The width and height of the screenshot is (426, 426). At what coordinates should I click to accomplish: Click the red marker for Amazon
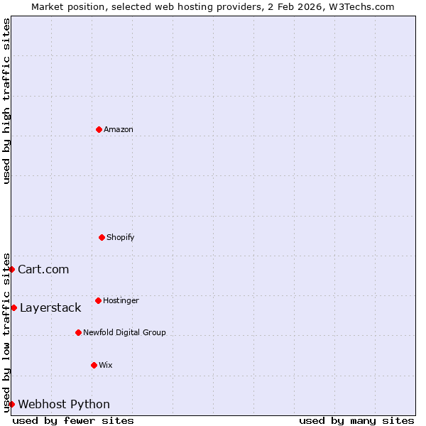tap(99, 129)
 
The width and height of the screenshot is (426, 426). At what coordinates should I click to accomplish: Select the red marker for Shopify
tap(102, 237)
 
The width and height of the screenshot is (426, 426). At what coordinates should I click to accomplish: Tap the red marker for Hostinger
tap(98, 300)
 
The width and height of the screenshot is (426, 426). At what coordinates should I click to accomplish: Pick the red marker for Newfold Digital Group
tap(78, 332)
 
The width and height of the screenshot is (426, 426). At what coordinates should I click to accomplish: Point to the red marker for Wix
tap(94, 365)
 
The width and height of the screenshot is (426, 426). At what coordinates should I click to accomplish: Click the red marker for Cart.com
tap(11, 269)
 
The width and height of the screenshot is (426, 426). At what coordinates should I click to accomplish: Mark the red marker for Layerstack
tap(13, 307)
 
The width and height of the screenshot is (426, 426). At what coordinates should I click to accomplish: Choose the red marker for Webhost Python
tap(11, 404)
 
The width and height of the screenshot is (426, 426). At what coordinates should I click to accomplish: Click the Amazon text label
tap(119, 129)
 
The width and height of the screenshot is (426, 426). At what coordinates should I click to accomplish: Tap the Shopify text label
tap(121, 237)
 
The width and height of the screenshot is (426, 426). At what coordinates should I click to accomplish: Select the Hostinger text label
tap(121, 300)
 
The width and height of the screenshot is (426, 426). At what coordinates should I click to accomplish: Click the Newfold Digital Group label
tap(124, 332)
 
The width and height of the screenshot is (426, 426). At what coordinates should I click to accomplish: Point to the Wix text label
tap(106, 365)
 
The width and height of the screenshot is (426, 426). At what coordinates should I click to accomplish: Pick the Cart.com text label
tap(43, 269)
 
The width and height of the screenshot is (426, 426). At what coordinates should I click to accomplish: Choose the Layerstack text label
tap(50, 307)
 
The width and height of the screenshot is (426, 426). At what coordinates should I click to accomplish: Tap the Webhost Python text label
tap(64, 404)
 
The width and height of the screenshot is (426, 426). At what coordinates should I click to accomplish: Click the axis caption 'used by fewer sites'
tap(73, 420)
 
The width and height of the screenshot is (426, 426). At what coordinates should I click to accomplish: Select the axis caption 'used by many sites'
tap(356, 420)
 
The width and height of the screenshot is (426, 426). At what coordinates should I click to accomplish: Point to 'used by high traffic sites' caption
tap(6, 102)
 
